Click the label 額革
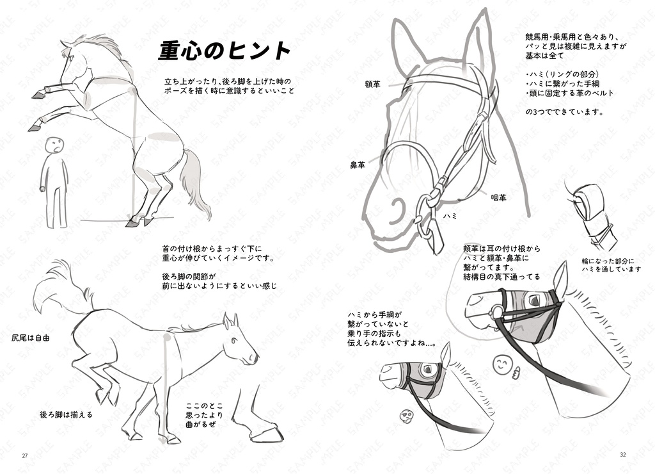coord(373,84)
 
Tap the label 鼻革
coord(357,165)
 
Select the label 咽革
coord(499,198)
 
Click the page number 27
coord(25,455)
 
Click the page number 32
coord(623,455)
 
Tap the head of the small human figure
coord(56,145)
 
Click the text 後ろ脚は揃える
coord(66,414)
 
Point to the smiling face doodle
coord(501,364)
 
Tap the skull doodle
coord(406,416)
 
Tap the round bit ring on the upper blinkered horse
coord(496,312)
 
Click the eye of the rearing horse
coord(72,60)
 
